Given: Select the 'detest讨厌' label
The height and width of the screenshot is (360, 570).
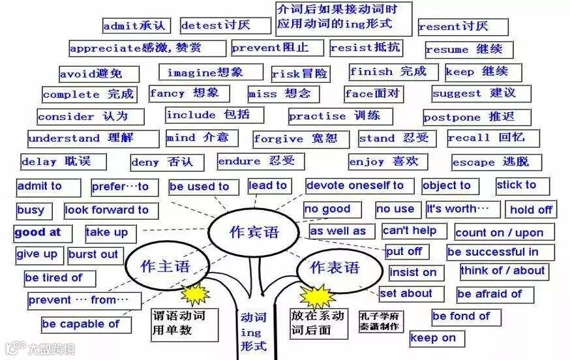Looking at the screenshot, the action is point(224,25).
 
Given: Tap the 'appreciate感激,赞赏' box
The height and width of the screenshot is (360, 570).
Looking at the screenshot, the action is point(147,48).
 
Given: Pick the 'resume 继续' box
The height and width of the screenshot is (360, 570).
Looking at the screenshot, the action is point(468,50).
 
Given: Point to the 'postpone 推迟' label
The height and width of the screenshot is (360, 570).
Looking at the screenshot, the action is point(476,117).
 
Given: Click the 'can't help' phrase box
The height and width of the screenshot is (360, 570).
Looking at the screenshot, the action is point(413,230).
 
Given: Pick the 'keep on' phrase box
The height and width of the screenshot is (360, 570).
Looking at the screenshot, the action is point(436,338).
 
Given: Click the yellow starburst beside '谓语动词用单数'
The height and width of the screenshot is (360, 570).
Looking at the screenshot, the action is point(195,293).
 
